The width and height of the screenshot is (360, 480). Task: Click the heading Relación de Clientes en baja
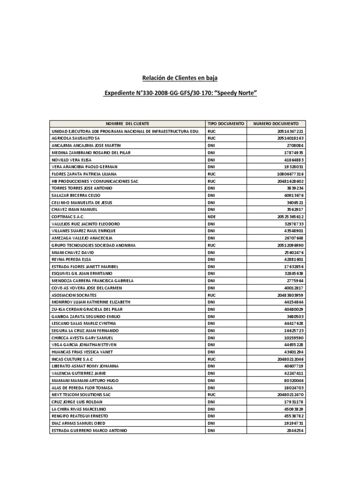(x=180, y=77)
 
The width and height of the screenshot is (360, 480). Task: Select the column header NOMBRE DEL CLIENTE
(x=127, y=123)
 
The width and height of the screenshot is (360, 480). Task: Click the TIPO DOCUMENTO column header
(x=225, y=123)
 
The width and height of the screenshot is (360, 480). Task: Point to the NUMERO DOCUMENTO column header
(x=276, y=123)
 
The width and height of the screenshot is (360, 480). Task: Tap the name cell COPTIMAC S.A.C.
(x=68, y=217)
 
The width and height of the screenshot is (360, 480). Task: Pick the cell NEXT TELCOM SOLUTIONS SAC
(x=81, y=395)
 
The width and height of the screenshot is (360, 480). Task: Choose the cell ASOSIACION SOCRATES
(x=74, y=295)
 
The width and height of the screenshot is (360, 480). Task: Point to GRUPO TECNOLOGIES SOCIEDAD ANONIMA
(x=93, y=245)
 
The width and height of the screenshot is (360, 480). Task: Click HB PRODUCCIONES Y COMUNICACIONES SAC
(x=95, y=181)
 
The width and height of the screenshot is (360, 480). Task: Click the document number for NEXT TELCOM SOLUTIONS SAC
(x=290, y=395)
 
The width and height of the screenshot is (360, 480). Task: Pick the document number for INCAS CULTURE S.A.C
(x=290, y=359)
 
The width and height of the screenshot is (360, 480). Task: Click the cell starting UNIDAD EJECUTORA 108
(x=126, y=131)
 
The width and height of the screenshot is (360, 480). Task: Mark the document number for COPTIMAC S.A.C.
(x=290, y=217)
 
